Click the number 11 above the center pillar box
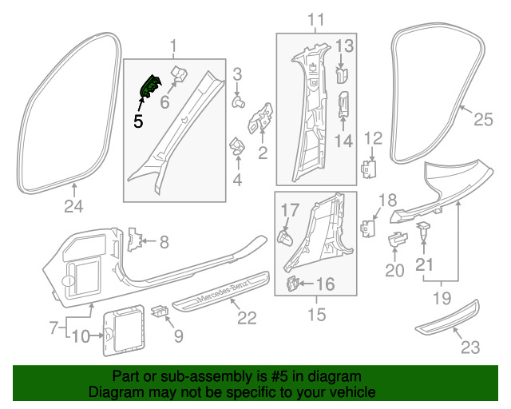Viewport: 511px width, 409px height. tap(316, 19)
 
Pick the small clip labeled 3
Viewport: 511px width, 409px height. tap(238, 101)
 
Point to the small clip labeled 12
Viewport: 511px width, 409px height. tap(369, 169)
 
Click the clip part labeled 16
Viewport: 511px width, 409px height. tap(294, 283)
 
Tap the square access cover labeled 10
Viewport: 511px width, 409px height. tap(121, 328)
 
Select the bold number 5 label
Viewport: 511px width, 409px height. tap(138, 122)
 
